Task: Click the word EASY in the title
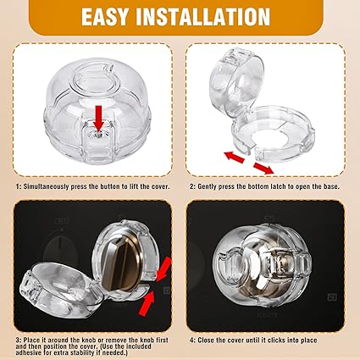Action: point(105,17)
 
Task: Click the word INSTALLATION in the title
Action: point(203,17)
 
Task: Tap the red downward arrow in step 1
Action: point(98,118)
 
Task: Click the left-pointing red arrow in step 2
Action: point(234,157)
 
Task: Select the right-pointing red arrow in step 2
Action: point(263,168)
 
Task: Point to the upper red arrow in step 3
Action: point(163,269)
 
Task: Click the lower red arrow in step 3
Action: point(147,303)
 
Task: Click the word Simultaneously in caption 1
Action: point(46,186)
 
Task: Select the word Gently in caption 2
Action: point(207,186)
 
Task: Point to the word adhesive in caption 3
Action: point(28,352)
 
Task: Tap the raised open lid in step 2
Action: point(237,82)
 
